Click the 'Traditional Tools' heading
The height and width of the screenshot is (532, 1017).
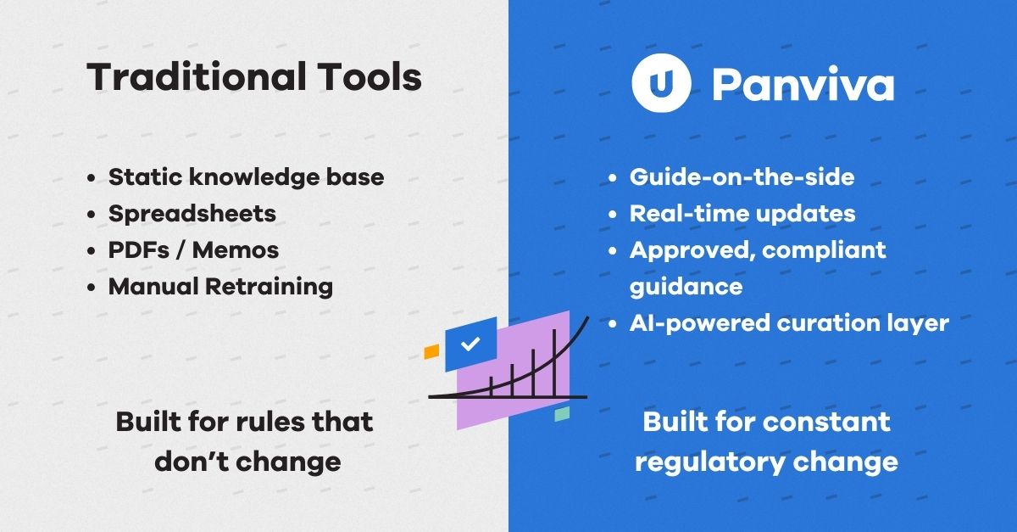[x=254, y=78]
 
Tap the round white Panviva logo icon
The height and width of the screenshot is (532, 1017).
[x=661, y=84]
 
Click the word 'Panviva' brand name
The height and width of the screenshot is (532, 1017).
[x=803, y=85]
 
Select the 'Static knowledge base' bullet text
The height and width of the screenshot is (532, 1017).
[x=246, y=177]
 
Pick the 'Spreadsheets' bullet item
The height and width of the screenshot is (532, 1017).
[x=192, y=213]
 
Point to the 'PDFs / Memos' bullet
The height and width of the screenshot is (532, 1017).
[x=193, y=249]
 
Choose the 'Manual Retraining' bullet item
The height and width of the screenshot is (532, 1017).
[x=220, y=286]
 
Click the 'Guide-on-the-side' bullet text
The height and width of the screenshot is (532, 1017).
[x=742, y=176]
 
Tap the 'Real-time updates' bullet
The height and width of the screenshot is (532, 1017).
[x=742, y=213]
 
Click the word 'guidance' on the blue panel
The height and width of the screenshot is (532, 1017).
[x=686, y=286]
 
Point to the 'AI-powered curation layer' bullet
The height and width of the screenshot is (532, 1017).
[x=788, y=322]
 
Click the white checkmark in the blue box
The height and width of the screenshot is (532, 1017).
[x=471, y=344]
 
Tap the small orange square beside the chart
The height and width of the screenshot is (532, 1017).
[x=431, y=350]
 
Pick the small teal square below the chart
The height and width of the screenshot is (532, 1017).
[x=562, y=414]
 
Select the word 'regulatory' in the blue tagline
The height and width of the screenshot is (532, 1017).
[x=709, y=462]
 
